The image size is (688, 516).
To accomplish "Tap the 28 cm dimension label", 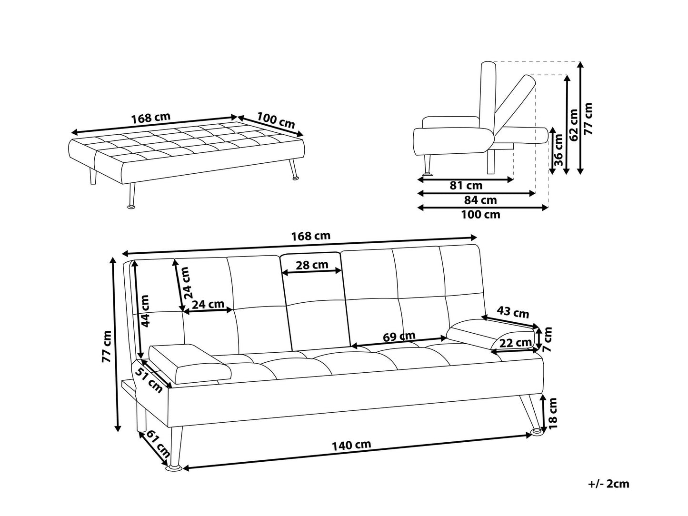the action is [312, 265].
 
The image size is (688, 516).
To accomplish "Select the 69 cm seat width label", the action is [399, 337].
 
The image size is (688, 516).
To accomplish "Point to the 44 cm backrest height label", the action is [145, 311].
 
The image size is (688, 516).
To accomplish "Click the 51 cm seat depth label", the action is [149, 380].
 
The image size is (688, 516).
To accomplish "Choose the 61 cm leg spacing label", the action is [158, 444].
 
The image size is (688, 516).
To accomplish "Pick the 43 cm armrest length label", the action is [513, 312].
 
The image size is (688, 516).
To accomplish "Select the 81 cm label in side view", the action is [466, 186].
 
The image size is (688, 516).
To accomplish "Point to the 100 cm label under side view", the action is [480, 215].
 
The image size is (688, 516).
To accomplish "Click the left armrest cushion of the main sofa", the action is [190, 364].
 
